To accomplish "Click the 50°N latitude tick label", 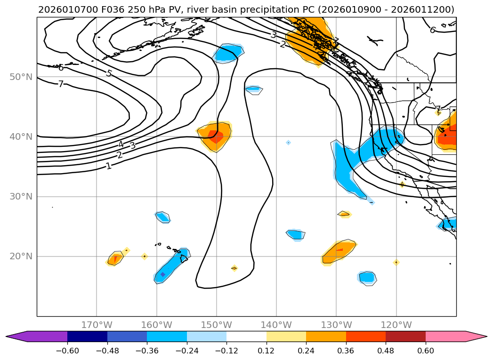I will coord(21,77).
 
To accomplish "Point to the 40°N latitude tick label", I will coord(21,136).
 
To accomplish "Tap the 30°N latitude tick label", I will coord(21,196).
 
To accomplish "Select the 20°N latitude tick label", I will coord(21,256).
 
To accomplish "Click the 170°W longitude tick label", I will coord(97,325).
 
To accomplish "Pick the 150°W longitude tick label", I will coord(217,325).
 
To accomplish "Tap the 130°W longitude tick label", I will coord(336,325).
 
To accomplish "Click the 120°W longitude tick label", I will coord(396,325).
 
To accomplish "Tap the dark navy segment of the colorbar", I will coord(87,336).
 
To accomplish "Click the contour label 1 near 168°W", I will coord(109,166).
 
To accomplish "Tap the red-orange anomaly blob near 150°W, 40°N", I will coord(216,136).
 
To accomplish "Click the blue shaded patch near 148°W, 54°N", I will coord(227,54).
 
